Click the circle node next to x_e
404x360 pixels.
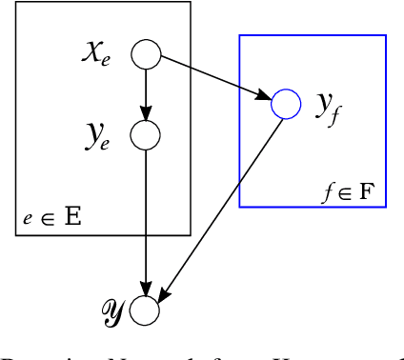[x=145, y=54]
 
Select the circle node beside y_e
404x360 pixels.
[x=145, y=135]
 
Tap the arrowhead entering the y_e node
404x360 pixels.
[x=145, y=114]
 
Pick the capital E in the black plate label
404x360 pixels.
[x=71, y=216]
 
